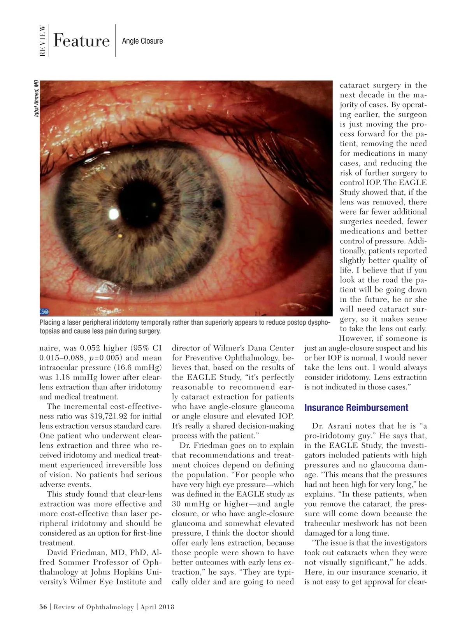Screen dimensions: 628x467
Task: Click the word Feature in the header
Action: (x=81, y=41)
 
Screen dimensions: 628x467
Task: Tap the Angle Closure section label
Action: (x=142, y=41)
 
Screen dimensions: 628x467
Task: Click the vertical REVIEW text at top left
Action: (x=43, y=41)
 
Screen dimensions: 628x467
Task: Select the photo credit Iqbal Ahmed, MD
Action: (x=36, y=100)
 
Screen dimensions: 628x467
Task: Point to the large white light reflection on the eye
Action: (x=113, y=213)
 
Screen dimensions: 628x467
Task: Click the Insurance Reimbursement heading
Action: (x=356, y=408)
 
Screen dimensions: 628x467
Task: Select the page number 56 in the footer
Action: (x=43, y=607)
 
